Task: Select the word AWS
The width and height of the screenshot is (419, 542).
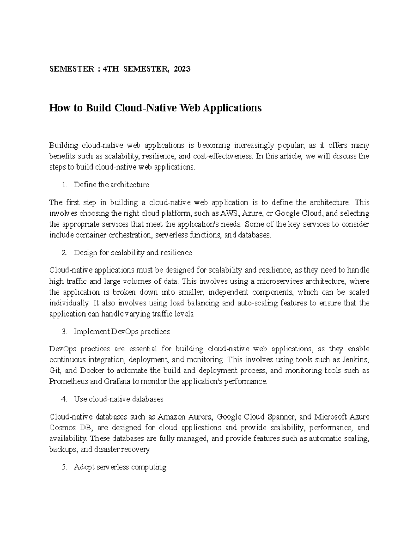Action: pyautogui.click(x=229, y=213)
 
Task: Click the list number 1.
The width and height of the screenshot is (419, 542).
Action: pyautogui.click(x=64, y=185)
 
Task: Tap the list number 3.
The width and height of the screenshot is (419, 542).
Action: pyautogui.click(x=64, y=331)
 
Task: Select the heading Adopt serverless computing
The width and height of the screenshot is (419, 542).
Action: pyautogui.click(x=120, y=467)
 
